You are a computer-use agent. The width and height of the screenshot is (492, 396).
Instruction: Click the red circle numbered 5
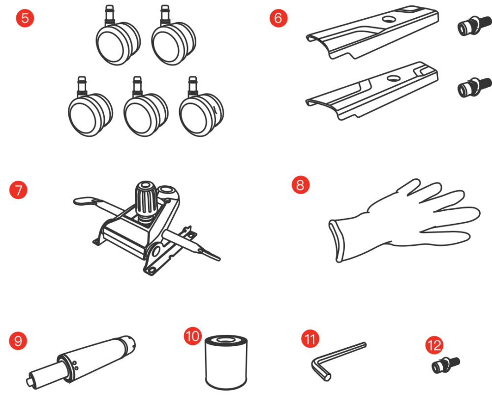click(x=25, y=18)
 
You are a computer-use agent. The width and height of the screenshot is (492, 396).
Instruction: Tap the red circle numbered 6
click(x=278, y=18)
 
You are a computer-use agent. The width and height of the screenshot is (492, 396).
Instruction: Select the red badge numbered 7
click(x=18, y=190)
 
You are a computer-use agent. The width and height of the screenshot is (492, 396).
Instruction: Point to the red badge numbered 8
click(x=301, y=185)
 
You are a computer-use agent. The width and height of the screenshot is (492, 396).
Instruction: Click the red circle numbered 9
click(x=18, y=341)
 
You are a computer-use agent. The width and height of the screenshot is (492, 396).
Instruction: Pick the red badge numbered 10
click(x=193, y=336)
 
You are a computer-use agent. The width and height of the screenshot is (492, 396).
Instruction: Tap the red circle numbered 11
click(x=310, y=338)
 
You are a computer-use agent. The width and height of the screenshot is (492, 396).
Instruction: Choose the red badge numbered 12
click(x=434, y=345)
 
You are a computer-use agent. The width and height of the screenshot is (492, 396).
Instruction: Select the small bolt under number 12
click(x=446, y=365)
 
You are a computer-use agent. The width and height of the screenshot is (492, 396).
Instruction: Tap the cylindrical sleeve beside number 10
click(x=226, y=363)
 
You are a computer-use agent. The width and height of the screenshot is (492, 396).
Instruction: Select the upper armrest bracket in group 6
click(x=372, y=32)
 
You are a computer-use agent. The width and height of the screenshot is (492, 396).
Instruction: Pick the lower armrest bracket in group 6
click(x=372, y=91)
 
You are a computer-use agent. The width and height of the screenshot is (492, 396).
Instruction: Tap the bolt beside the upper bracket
click(x=474, y=26)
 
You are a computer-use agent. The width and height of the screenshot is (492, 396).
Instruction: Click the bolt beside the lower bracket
click(x=474, y=87)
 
